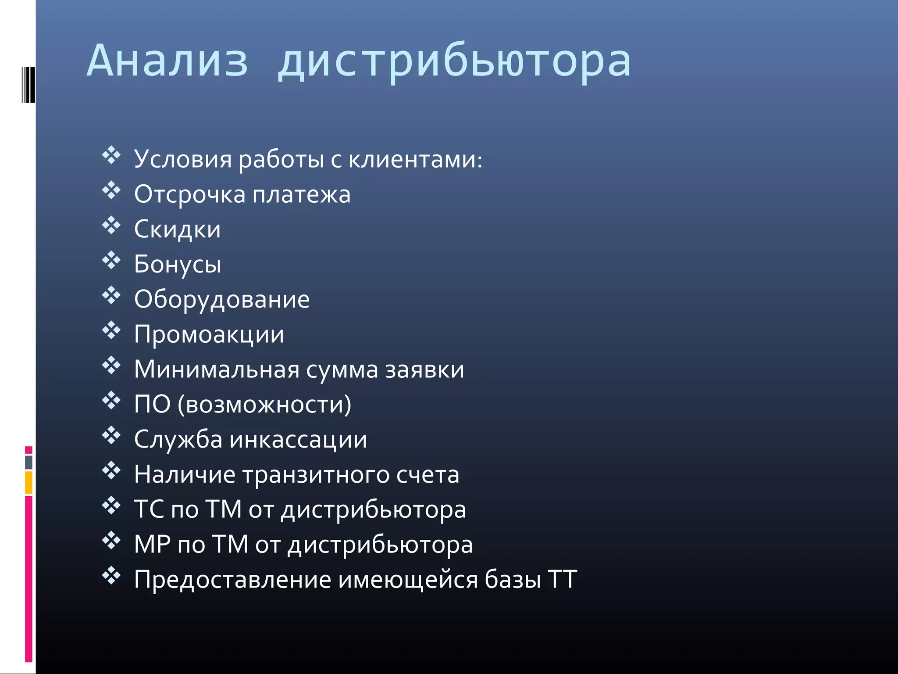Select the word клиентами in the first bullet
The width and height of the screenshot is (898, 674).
(415, 159)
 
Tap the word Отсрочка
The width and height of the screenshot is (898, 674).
(189, 194)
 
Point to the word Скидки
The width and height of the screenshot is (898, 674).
(177, 229)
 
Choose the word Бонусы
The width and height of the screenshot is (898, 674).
(178, 265)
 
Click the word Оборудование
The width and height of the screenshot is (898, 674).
(222, 300)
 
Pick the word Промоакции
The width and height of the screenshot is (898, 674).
(209, 335)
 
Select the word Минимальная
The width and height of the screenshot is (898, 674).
(217, 369)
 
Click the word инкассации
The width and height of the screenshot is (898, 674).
(298, 440)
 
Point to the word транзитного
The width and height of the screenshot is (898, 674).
(316, 475)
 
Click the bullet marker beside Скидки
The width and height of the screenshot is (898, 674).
(111, 226)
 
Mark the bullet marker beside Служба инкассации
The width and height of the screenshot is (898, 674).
(111, 436)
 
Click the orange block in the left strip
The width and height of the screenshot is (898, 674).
(29, 482)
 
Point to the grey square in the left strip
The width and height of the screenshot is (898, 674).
(29, 462)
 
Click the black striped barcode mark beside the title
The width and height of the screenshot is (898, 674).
(28, 85)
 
